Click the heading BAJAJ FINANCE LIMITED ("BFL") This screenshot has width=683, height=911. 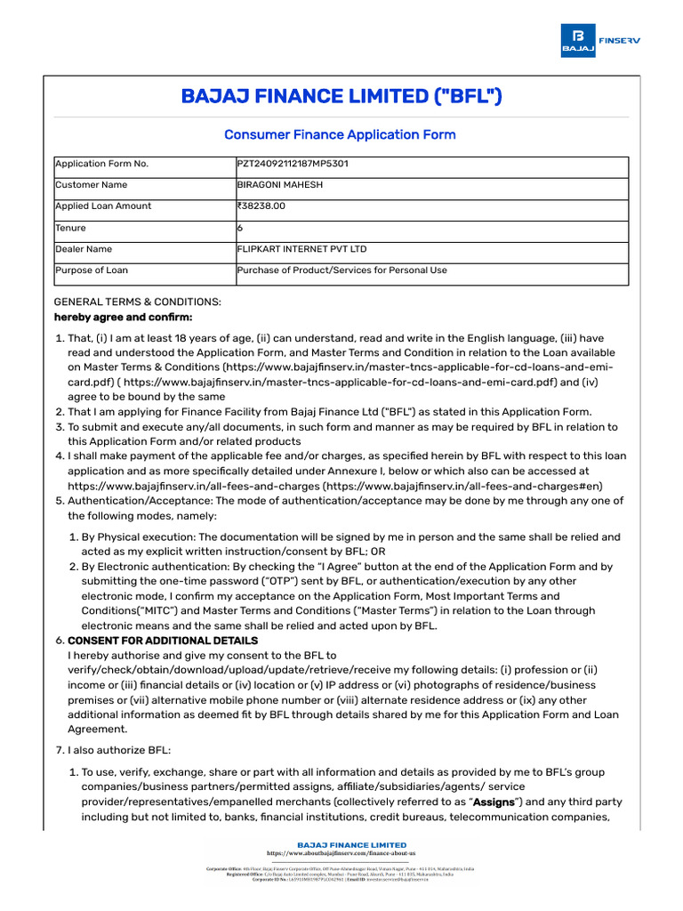(x=341, y=96)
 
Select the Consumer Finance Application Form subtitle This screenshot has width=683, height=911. (x=340, y=135)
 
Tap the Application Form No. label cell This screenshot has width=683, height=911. (x=102, y=164)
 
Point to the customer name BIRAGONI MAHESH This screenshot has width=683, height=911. (x=280, y=185)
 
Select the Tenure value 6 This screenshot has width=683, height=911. (x=240, y=228)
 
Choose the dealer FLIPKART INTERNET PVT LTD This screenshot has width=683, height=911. (x=301, y=249)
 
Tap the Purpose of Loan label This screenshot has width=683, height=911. (x=92, y=270)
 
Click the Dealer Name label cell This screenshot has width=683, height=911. (x=84, y=249)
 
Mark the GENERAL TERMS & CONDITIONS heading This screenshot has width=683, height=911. (x=138, y=302)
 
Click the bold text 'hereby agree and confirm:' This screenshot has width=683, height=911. (x=123, y=317)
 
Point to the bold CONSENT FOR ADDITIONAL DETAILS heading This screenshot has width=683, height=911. (x=163, y=641)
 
